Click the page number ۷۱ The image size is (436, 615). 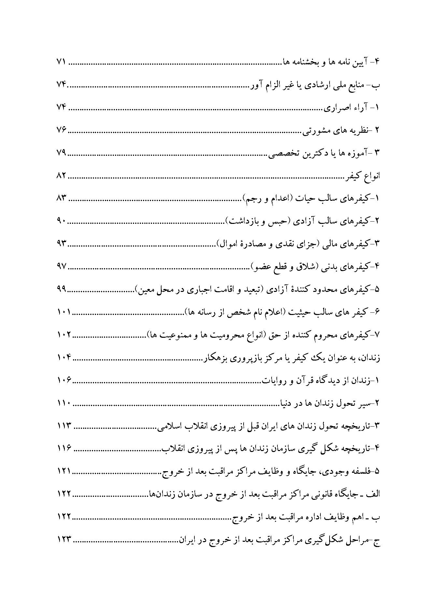coord(61,62)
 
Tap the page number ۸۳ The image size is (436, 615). coord(61,198)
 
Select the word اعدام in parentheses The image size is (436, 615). coord(283,198)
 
